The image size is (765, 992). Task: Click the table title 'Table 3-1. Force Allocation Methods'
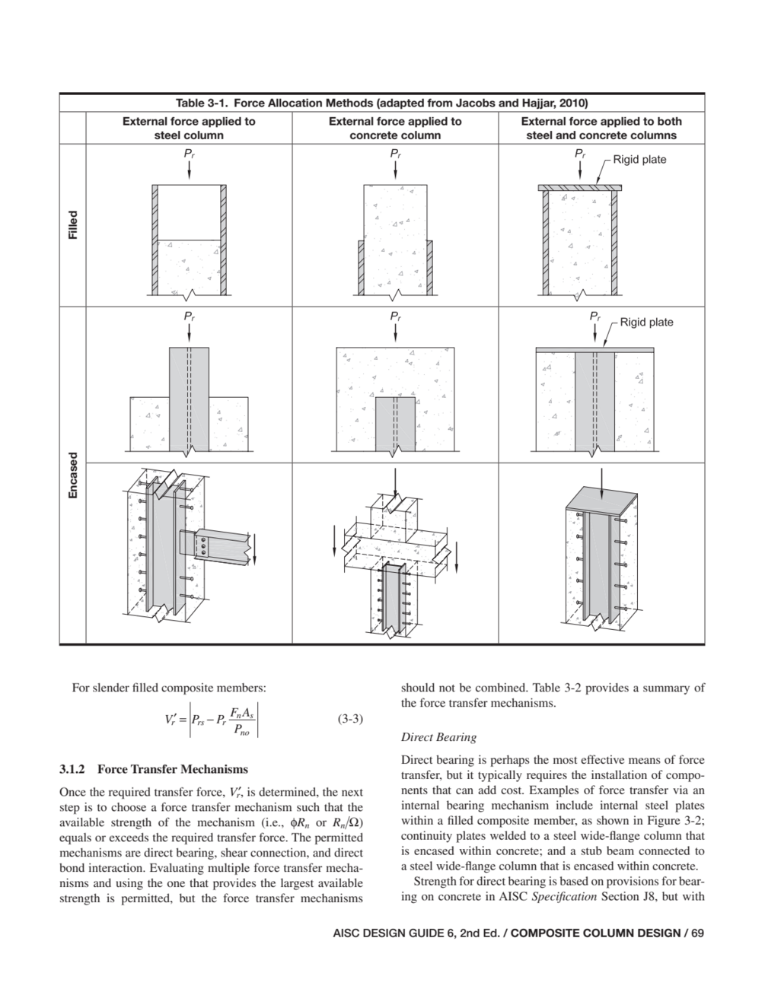click(381, 103)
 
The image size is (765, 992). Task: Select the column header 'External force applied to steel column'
click(189, 128)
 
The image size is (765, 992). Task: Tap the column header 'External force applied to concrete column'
click(395, 128)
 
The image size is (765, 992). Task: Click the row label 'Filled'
click(72, 225)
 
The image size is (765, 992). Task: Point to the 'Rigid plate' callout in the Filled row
click(639, 160)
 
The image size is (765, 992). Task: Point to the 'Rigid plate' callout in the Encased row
click(646, 322)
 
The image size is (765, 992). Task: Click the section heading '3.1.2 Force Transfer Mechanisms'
click(153, 769)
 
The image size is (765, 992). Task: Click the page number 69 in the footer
click(698, 933)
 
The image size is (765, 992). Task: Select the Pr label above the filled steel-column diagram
click(189, 154)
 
